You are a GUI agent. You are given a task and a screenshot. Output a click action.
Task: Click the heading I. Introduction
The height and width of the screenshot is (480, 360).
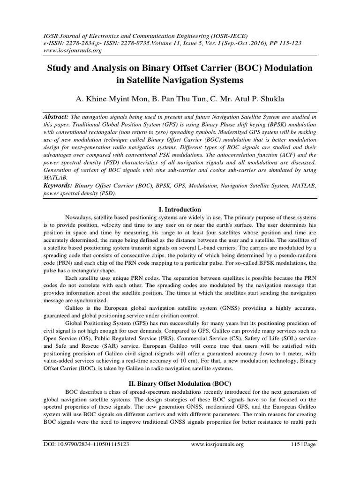point(180,210)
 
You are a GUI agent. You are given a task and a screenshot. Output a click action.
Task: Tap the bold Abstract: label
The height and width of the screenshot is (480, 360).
point(55,116)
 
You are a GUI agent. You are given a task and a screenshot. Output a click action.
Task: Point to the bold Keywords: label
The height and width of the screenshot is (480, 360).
point(57,186)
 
